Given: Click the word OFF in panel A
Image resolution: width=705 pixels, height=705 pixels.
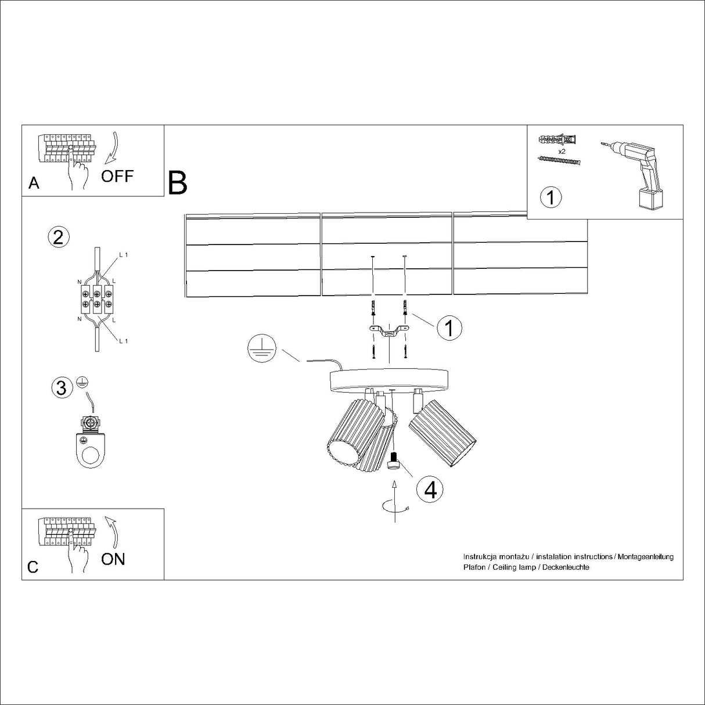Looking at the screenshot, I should click(x=117, y=176).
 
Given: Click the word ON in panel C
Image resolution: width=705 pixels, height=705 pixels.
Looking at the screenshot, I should click(x=113, y=559).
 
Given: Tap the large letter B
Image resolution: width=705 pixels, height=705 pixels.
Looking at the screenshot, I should click(x=178, y=183).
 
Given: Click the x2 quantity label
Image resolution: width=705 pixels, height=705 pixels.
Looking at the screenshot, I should click(x=562, y=151).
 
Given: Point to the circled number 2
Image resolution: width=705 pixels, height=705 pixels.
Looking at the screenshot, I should click(x=58, y=237).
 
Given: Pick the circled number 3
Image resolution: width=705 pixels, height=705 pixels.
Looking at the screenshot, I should click(x=62, y=387).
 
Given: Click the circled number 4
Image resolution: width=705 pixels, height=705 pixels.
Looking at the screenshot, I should click(x=430, y=490).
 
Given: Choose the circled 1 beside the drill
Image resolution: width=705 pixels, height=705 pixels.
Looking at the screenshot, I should click(x=551, y=197).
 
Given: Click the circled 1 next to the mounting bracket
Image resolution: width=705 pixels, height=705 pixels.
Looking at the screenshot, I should click(x=449, y=328).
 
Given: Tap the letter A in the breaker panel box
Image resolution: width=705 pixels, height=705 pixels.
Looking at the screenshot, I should click(x=34, y=184).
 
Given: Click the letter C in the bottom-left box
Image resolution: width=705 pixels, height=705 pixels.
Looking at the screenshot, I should click(x=33, y=567).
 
